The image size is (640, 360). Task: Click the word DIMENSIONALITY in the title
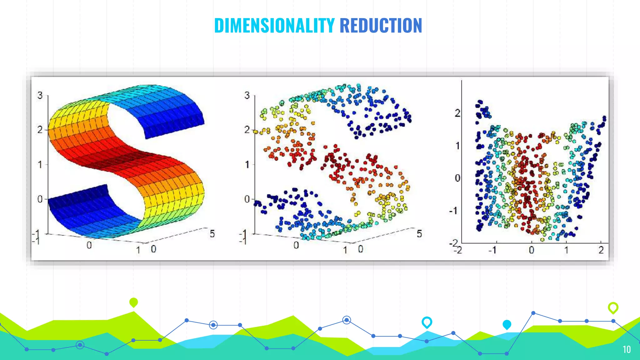coord(274,26)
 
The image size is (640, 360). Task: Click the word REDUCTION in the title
coord(381,26)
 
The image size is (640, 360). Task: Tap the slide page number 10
coord(627,349)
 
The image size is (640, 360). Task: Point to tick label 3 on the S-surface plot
coord(40,95)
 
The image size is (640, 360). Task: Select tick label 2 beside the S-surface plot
coord(40,129)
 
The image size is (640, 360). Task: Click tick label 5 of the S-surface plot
coord(212,234)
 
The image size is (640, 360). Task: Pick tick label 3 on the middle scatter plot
coord(247,95)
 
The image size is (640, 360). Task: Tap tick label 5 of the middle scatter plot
coord(419,234)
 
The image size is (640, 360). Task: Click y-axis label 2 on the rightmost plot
coord(457,113)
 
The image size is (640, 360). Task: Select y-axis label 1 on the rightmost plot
coord(457,146)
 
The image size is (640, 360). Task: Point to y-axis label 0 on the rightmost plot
coord(457,178)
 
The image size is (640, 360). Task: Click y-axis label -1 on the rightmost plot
coord(454,211)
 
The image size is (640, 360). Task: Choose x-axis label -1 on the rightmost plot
coord(493,250)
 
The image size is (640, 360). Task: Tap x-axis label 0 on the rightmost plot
coord(532,250)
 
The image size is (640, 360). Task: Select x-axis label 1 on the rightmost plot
coord(566,250)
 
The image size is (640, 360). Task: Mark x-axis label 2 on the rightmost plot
coord(601,250)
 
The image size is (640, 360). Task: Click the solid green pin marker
coord(133,302)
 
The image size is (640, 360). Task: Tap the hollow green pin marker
coord(613,307)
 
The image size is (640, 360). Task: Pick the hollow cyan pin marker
coord(427,322)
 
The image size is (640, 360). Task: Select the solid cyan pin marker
coord(507,324)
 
